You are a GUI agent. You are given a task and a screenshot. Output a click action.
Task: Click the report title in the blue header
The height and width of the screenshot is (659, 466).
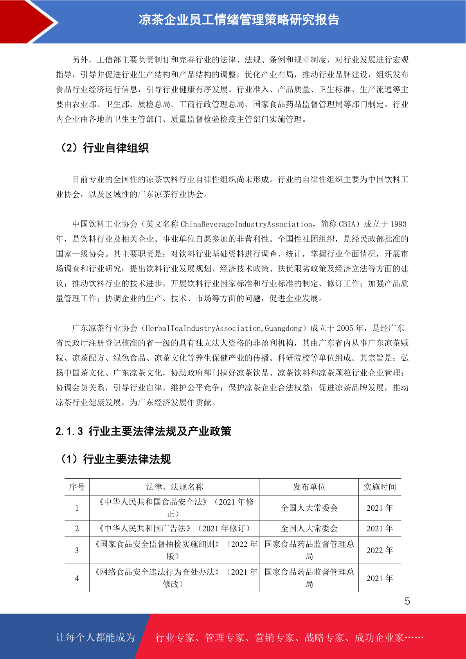(x=239, y=20)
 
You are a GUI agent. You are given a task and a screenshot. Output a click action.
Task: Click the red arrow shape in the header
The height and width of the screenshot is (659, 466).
(x=27, y=22)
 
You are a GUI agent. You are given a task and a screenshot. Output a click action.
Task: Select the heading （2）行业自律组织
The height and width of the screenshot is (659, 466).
(x=104, y=148)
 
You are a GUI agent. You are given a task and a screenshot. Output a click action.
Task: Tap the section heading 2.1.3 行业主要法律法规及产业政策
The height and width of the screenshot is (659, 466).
(x=143, y=431)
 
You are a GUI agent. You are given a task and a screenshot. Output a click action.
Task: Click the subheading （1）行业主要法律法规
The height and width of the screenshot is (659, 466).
(x=115, y=459)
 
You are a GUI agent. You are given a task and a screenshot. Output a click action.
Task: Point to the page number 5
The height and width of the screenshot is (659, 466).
(x=407, y=601)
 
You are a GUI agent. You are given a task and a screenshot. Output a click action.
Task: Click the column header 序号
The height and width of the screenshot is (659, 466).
(x=77, y=487)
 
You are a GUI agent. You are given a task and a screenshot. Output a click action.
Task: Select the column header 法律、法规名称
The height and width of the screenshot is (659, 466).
(x=175, y=487)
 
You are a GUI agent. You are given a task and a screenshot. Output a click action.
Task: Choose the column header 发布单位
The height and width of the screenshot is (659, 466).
(x=309, y=487)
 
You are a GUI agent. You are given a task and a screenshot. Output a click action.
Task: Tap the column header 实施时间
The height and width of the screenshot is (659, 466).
(x=380, y=487)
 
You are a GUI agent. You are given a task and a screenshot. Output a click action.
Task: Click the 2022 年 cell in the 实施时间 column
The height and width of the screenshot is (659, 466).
(x=380, y=550)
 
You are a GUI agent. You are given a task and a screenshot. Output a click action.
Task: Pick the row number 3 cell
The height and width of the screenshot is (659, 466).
(x=77, y=550)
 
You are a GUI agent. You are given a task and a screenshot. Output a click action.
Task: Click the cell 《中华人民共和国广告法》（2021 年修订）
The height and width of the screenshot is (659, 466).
(x=175, y=528)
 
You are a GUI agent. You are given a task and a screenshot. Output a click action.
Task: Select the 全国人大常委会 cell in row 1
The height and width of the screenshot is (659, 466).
(x=309, y=508)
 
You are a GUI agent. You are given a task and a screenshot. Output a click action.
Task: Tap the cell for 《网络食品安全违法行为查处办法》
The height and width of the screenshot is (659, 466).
(x=175, y=578)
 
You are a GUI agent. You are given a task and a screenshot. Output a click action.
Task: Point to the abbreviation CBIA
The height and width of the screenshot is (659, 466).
(x=347, y=224)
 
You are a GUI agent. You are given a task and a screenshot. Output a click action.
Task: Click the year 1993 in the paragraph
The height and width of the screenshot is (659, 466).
(x=398, y=224)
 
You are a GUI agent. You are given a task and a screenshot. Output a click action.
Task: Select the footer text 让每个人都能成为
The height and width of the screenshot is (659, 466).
(x=95, y=637)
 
